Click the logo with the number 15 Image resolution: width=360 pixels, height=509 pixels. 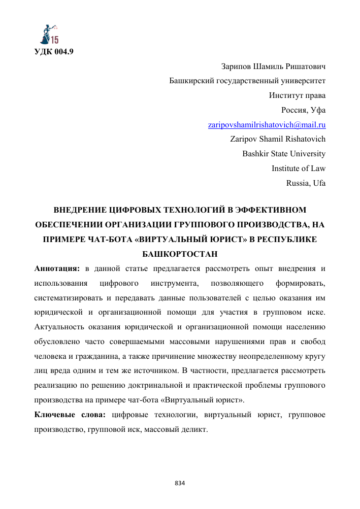point(49,34)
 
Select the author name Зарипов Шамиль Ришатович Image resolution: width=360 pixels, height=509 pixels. point(273,66)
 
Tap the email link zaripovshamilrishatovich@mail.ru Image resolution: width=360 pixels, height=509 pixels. point(267,124)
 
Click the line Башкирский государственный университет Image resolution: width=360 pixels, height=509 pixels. point(247,81)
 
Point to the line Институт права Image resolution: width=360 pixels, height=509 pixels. point(297,95)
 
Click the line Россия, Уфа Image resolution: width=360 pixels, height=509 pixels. point(304,110)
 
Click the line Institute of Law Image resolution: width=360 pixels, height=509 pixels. point(299,168)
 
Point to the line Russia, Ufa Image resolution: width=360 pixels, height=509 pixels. point(306,183)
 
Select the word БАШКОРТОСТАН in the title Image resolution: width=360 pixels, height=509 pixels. point(180,253)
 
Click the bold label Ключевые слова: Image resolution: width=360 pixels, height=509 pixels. point(70,415)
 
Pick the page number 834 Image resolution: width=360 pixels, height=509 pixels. point(180,482)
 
